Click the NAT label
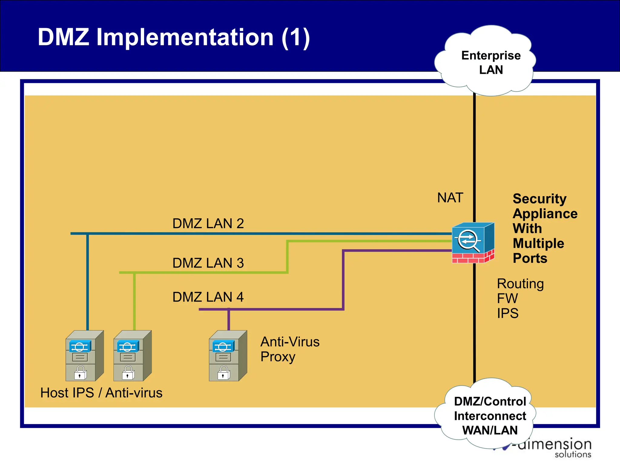450,198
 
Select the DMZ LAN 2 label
208,223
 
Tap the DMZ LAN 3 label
208,263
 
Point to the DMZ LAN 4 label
208,297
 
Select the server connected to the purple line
228,356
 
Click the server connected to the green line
132,356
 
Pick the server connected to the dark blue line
84,356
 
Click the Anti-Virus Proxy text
289,349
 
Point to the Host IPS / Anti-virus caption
101,393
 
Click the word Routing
520,284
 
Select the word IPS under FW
508,313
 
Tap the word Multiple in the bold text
538,243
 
